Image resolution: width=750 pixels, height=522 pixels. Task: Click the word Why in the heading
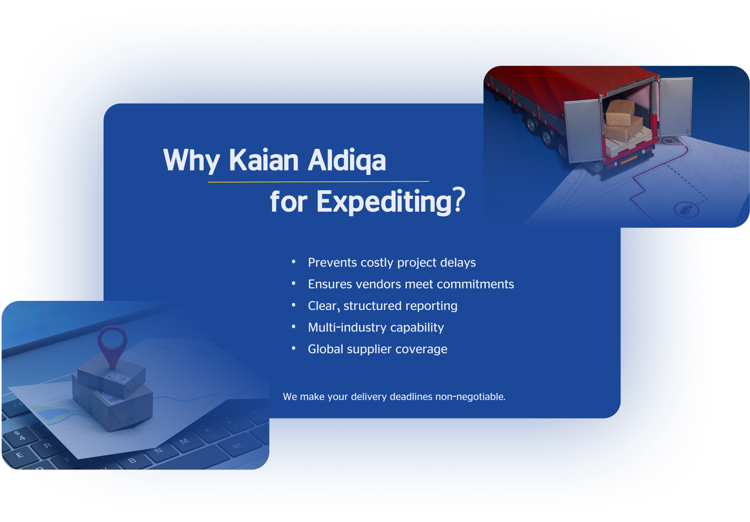tap(192, 161)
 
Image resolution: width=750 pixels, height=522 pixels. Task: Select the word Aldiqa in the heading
tap(347, 161)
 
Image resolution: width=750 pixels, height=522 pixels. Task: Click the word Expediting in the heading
tap(384, 202)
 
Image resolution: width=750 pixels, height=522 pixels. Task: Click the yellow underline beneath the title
tap(318, 182)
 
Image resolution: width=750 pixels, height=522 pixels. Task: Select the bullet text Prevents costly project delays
tap(392, 263)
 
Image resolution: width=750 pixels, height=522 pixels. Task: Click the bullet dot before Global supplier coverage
tap(293, 348)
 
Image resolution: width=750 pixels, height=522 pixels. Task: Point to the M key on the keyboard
tap(185, 441)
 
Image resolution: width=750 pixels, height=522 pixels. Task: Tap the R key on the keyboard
tap(48, 445)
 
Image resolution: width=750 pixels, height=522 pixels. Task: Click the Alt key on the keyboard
tap(237, 446)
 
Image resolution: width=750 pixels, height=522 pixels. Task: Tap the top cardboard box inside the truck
tap(620, 112)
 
